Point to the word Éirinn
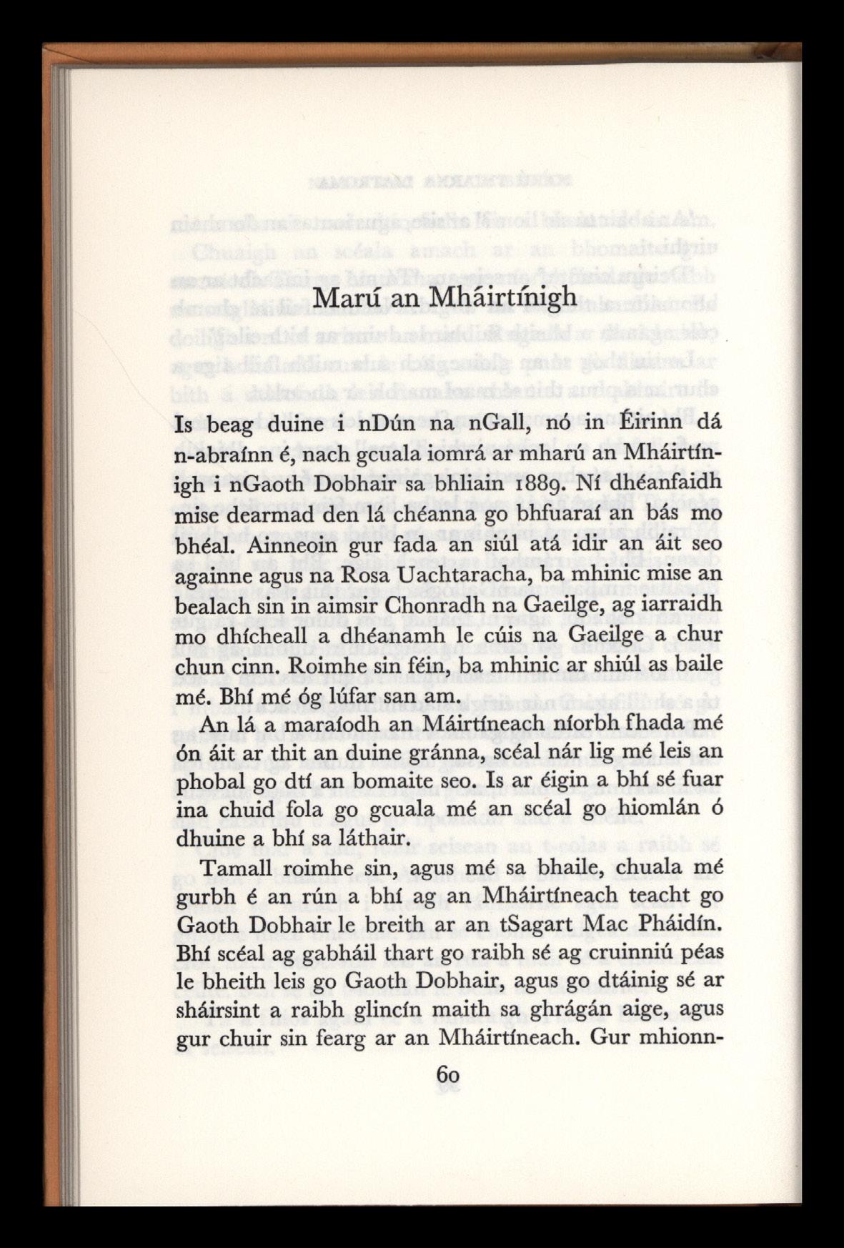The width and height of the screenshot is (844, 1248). (628, 425)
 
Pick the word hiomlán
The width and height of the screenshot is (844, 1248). (644, 808)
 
